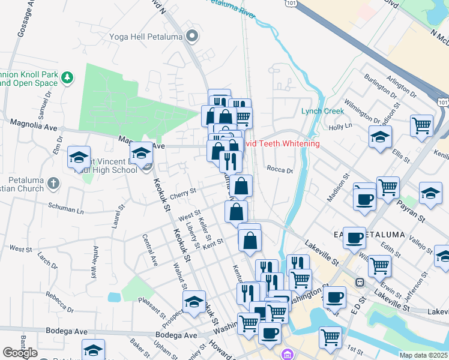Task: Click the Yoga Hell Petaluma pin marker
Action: (x=193, y=37)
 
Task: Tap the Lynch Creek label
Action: (x=322, y=111)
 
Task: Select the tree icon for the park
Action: (x=68, y=77)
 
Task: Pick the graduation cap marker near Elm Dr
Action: (x=79, y=157)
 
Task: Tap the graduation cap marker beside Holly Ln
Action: (x=380, y=136)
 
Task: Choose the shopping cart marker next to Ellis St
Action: (x=422, y=125)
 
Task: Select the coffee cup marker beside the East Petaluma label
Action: (x=354, y=236)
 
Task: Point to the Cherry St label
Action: (x=183, y=193)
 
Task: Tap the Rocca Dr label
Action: (x=279, y=170)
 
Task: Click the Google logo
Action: (x=20, y=353)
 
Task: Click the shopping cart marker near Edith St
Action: (x=379, y=265)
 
